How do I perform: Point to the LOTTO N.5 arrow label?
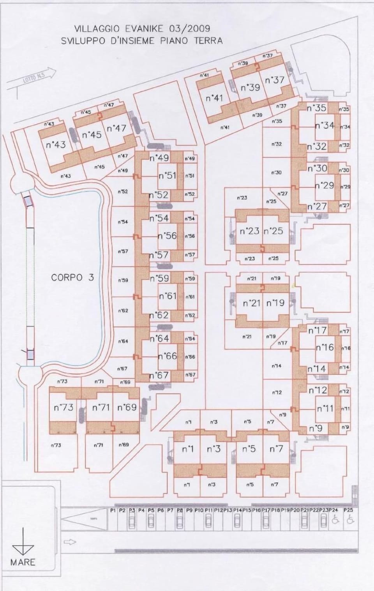[32, 78]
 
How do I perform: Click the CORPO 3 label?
[72, 277]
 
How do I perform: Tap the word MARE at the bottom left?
[23, 562]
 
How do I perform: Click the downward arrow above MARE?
[23, 544]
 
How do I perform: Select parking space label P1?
[113, 510]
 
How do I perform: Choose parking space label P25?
[348, 510]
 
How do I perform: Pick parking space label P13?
[228, 510]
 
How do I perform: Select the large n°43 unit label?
[56, 145]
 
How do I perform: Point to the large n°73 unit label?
[64, 408]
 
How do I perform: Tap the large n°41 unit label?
[214, 98]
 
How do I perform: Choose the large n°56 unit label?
[168, 236]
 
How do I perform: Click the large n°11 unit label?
[325, 409]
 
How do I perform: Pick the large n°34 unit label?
[325, 125]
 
